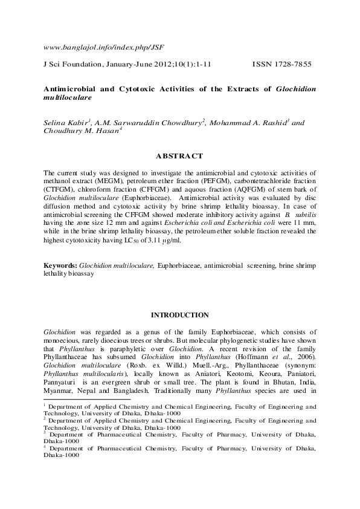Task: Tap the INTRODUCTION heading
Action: (179, 315)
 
